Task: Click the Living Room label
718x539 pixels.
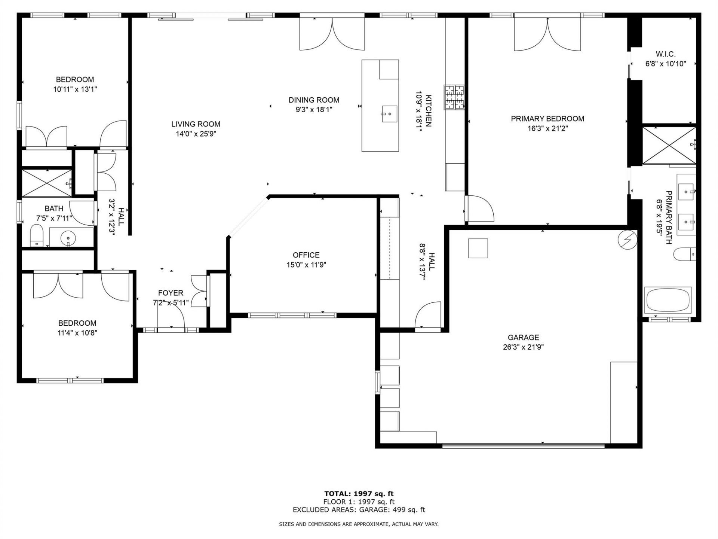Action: [x=196, y=124]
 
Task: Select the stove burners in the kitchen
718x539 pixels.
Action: [x=454, y=97]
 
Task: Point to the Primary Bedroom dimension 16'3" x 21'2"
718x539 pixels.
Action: [x=547, y=128]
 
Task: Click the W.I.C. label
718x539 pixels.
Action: [x=665, y=54]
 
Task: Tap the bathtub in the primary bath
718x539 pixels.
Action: [x=668, y=299]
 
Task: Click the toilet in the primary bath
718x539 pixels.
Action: [x=684, y=255]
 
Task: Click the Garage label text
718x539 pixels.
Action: [x=523, y=337]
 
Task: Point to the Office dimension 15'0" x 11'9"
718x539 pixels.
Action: [x=306, y=265]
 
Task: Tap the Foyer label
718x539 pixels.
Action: [x=171, y=293]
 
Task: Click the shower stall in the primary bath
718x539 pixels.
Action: [x=669, y=145]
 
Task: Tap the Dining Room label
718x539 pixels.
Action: [x=314, y=100]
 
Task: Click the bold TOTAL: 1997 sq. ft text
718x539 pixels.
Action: [x=359, y=494]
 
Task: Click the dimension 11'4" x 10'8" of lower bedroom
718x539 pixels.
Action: [x=77, y=333]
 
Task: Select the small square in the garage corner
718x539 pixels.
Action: [x=478, y=248]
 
